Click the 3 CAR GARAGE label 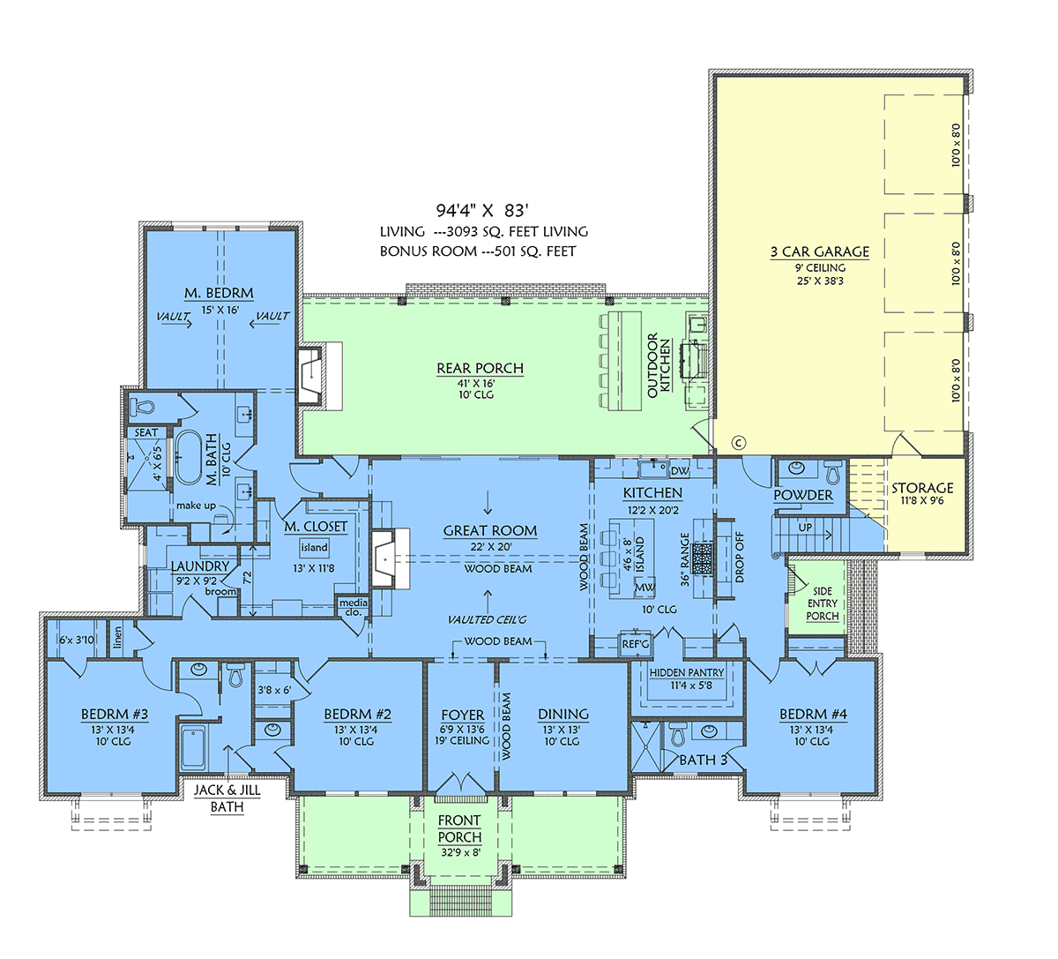click(820, 251)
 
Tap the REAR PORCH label click(480, 368)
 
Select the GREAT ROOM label click(490, 530)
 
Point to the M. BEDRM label click(219, 293)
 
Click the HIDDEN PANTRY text click(687, 672)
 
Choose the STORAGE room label click(922, 488)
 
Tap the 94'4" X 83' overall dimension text click(482, 211)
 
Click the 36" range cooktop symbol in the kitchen click(703, 558)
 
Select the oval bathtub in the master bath click(186, 458)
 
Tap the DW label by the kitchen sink click(680, 471)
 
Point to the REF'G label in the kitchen click(635, 644)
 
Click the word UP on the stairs click(805, 527)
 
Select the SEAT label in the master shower click(146, 433)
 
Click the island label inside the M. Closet click(315, 547)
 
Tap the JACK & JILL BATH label click(227, 798)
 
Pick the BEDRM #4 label click(813, 714)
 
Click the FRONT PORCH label click(459, 828)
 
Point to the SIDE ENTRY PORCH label click(823, 603)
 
